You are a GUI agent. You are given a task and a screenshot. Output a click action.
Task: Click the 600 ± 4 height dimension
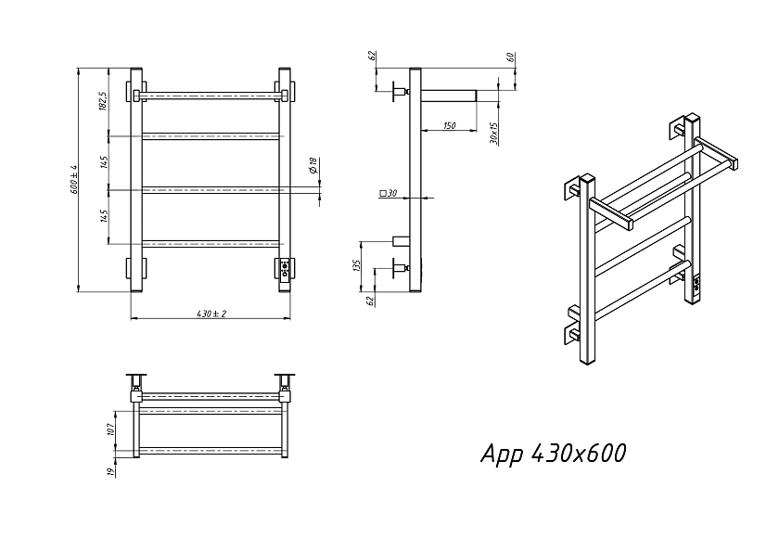click(x=74, y=179)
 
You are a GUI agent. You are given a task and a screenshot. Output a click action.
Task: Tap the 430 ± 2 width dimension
click(x=211, y=314)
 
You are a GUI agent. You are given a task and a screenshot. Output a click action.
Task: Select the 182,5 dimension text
click(x=103, y=101)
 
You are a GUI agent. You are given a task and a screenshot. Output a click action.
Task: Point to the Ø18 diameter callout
click(x=313, y=165)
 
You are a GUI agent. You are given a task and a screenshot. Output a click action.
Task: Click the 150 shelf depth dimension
click(x=449, y=126)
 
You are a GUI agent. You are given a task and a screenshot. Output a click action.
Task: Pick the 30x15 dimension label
click(x=493, y=134)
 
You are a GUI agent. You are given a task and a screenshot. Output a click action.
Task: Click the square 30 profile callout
click(x=388, y=193)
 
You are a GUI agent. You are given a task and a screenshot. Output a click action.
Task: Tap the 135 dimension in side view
click(x=356, y=266)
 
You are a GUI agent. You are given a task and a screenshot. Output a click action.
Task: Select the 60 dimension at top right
click(x=510, y=58)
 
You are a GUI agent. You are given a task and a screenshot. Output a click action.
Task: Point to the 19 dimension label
click(x=110, y=470)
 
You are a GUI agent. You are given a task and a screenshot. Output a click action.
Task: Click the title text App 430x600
click(x=554, y=454)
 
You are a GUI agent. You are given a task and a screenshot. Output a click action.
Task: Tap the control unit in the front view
click(x=285, y=270)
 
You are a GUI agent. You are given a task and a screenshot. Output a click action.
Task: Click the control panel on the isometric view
click(x=696, y=285)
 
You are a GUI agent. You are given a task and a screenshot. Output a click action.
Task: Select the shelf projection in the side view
click(x=449, y=96)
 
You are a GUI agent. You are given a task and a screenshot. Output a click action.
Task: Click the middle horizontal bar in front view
click(x=211, y=190)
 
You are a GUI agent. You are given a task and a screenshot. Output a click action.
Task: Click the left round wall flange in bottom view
click(x=136, y=375)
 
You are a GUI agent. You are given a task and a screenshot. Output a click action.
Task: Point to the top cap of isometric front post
click(x=588, y=179)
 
